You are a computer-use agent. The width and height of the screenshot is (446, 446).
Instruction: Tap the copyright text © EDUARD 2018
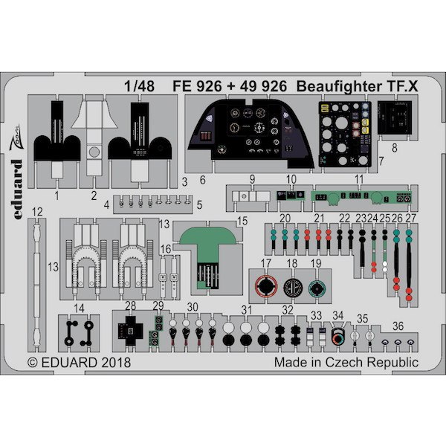(x=79, y=363)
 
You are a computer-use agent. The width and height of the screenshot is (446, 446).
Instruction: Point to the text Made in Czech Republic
(x=346, y=363)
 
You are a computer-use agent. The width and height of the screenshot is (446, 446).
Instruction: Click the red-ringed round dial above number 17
(x=265, y=286)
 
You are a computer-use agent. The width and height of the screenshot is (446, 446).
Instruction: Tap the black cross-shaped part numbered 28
(x=132, y=329)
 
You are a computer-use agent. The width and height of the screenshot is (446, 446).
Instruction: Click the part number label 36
(x=398, y=325)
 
